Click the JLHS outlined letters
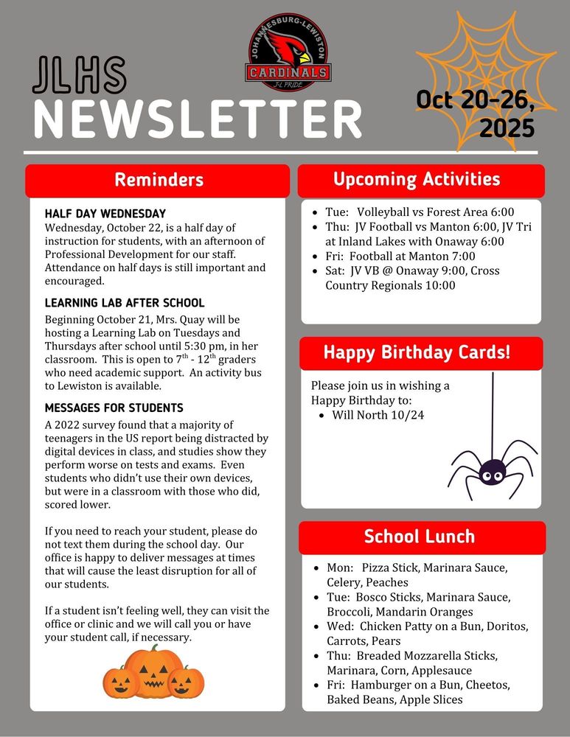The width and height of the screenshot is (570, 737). pos(80,76)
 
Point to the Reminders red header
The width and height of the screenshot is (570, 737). pos(159,181)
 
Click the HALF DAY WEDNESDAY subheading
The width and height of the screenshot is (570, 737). pos(105,214)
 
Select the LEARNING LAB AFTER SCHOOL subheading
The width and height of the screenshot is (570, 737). pos(125,303)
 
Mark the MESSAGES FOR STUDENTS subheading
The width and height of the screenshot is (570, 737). pos(114,408)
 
